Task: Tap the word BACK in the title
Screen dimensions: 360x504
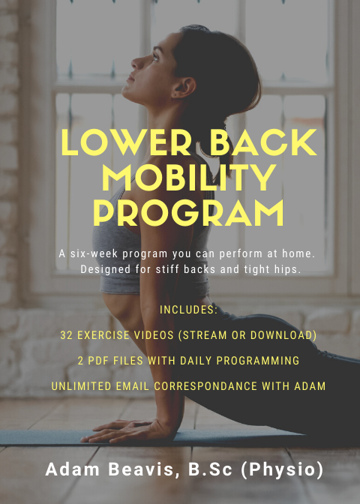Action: click(263, 142)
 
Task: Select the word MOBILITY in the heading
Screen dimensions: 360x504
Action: click(189, 177)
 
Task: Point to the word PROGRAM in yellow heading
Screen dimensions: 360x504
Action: click(189, 213)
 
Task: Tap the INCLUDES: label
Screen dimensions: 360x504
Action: click(189, 310)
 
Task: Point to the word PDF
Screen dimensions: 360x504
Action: click(99, 361)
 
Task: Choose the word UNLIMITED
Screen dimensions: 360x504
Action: click(82, 386)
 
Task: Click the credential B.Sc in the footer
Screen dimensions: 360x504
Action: click(210, 469)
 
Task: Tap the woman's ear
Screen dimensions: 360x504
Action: click(187, 88)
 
